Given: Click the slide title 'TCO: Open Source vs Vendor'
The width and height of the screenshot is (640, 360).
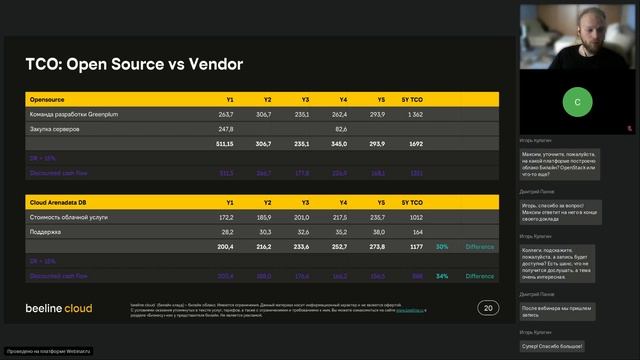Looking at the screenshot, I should point(134,66).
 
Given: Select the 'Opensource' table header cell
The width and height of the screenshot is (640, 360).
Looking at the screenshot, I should point(48,100).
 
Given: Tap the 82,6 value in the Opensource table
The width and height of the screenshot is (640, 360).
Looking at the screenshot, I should point(340,129).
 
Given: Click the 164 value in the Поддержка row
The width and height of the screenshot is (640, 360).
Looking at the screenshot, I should point(416,231).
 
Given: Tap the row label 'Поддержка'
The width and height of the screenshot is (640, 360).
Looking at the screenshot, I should point(48,231).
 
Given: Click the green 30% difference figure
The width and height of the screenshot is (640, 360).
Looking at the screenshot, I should point(441,246).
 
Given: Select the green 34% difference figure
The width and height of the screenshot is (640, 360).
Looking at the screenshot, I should point(441,276).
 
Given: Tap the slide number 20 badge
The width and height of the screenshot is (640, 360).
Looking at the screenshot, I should point(488,308).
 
